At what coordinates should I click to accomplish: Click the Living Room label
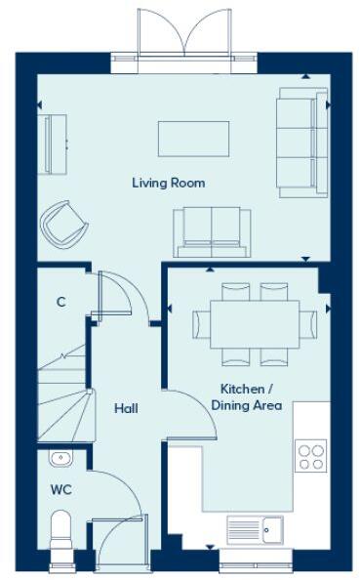pos(168,183)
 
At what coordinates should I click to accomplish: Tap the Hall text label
pos(125,408)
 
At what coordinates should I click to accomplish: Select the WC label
pos(61,488)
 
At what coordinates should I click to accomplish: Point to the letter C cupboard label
pos(60,303)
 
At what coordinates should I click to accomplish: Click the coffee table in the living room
pos(193,138)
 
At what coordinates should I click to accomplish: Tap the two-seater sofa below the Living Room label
pos(212,230)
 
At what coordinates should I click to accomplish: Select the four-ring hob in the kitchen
pos(311,457)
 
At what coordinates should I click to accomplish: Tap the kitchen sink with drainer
pos(255,530)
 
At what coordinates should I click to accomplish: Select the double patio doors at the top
pos(183,39)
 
